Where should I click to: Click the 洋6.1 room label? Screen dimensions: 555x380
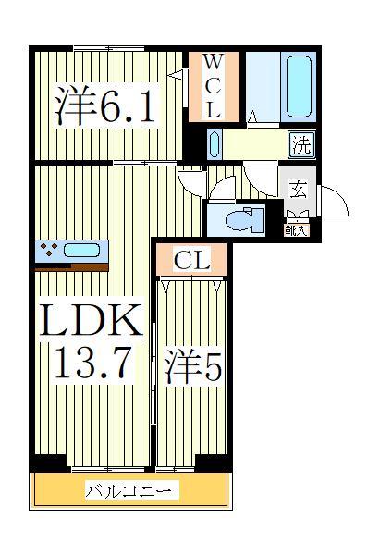coord(104,106)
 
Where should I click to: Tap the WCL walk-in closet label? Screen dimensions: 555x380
coord(213,86)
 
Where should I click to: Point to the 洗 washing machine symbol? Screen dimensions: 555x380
coord(300,143)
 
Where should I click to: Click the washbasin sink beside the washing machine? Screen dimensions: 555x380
coord(215,144)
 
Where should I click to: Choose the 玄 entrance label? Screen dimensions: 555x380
coord(298,190)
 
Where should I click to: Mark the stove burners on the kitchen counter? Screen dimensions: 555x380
coord(49,249)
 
